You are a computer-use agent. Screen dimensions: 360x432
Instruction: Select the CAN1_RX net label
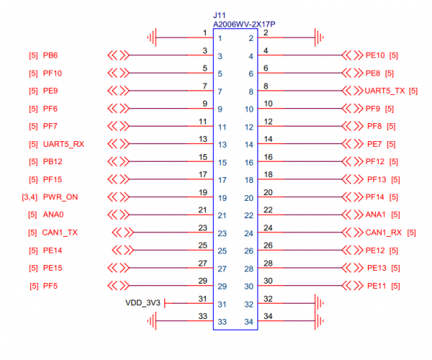pos(384,233)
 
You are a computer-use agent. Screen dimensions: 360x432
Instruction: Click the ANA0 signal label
pos(54,215)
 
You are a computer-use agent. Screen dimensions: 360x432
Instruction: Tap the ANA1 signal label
pos(377,215)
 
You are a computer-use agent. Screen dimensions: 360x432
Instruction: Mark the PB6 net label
pos(50,55)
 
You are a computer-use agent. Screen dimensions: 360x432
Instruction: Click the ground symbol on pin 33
pos(153,321)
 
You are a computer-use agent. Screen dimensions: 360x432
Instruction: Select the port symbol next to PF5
pos(117,286)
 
